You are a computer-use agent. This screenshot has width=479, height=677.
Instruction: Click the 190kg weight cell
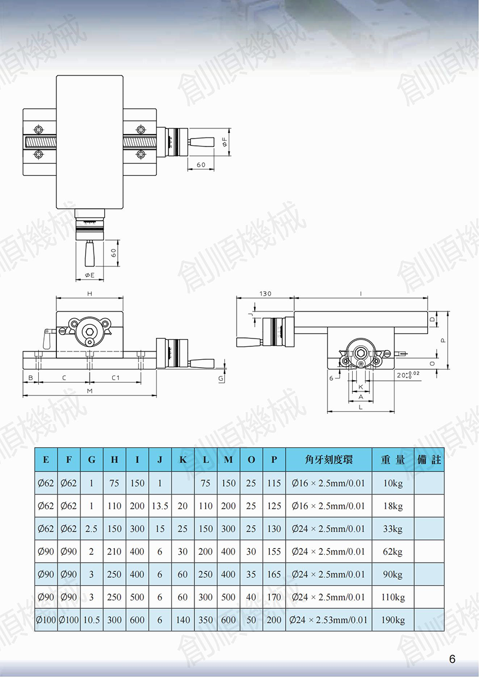click(393, 620)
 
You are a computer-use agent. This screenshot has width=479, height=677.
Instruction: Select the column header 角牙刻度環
click(329, 460)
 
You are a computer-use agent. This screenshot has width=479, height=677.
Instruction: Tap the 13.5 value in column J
click(160, 506)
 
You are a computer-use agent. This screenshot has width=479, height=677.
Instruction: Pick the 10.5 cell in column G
click(92, 620)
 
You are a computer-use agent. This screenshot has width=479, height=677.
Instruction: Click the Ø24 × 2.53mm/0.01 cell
click(329, 620)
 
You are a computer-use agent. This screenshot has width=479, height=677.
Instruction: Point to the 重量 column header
click(393, 460)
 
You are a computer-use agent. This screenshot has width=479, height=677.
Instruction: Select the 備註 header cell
click(429, 460)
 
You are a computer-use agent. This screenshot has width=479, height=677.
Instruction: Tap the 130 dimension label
click(265, 293)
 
